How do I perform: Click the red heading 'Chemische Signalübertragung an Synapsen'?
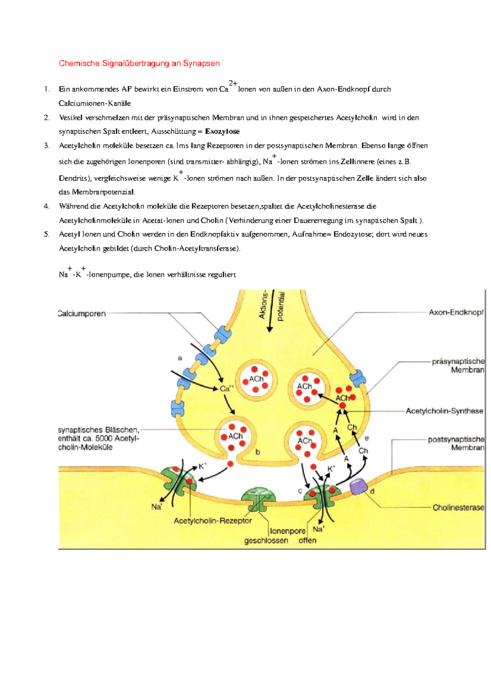pyautogui.click(x=139, y=63)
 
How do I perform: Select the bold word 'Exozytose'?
pyautogui.click(x=222, y=131)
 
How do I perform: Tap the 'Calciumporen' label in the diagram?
pyautogui.click(x=82, y=314)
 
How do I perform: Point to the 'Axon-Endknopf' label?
pyautogui.click(x=456, y=312)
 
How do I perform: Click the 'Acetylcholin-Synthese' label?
pyautogui.click(x=444, y=411)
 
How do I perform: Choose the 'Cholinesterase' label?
pyautogui.click(x=458, y=508)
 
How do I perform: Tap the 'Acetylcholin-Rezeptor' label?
pyautogui.click(x=212, y=521)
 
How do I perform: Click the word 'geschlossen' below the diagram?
pyautogui.click(x=266, y=540)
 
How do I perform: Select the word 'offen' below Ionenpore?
pyautogui.click(x=307, y=540)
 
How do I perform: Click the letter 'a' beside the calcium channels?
pyautogui.click(x=180, y=358)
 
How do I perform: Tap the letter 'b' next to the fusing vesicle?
pyautogui.click(x=258, y=452)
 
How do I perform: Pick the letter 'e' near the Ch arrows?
pyautogui.click(x=367, y=438)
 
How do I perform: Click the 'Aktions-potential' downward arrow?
pyautogui.click(x=270, y=319)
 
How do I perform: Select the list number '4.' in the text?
pyautogui.click(x=47, y=206)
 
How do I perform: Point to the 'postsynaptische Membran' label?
pyautogui.click(x=456, y=443)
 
